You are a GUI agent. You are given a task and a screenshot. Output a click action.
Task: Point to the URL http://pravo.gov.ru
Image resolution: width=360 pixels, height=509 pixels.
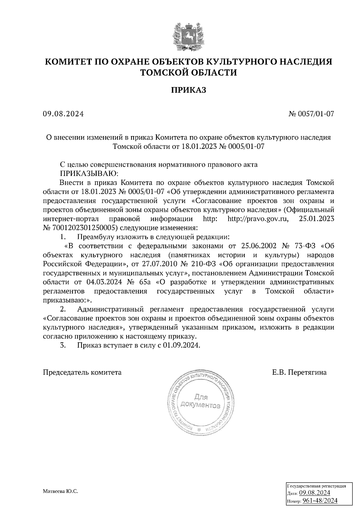(258, 219)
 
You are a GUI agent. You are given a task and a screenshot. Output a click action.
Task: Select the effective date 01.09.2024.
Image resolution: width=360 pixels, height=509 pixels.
(181, 345)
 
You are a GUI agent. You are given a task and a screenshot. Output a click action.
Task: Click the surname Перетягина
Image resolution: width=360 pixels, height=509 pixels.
(307, 373)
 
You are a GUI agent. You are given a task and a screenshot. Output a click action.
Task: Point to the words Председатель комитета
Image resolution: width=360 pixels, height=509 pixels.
(82, 373)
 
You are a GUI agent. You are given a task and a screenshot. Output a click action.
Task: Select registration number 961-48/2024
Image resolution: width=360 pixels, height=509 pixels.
(319, 501)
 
